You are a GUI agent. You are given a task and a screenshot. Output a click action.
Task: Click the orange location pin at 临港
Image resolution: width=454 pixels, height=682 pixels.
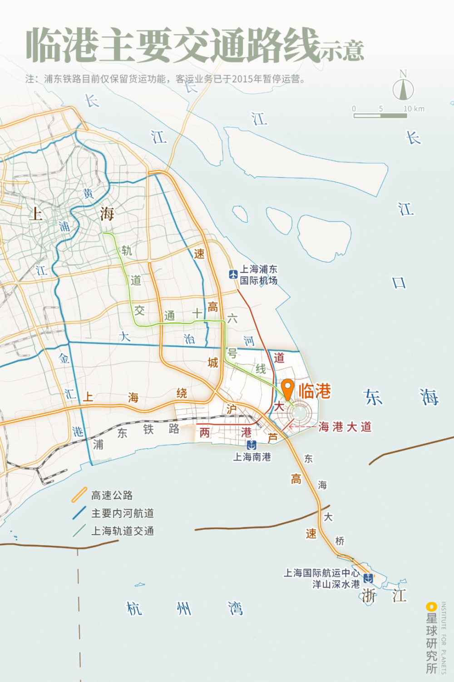tap(288, 389)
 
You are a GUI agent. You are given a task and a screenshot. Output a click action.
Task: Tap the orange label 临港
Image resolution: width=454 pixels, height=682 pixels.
tap(315, 391)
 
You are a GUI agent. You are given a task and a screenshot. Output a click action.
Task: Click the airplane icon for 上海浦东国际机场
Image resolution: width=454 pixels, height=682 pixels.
tap(233, 274)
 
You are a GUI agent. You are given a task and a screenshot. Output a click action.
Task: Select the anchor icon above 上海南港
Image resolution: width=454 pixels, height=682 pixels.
tap(252, 445)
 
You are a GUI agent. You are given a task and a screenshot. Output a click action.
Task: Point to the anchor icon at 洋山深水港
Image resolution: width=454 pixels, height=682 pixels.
tap(368, 578)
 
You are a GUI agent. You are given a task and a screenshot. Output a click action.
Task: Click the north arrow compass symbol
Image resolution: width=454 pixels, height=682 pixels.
tap(403, 89)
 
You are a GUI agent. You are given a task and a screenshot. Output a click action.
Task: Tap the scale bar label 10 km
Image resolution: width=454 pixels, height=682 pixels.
tap(414, 109)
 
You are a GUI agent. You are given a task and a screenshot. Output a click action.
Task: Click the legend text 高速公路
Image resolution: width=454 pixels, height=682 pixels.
tap(112, 495)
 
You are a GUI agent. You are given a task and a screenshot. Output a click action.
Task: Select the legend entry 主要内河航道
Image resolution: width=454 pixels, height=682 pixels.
tap(123, 513)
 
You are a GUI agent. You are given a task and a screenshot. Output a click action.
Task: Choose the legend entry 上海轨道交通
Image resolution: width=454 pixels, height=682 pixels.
tap(123, 531)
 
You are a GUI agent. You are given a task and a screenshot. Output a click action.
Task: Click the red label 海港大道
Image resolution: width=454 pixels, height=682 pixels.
tap(345, 426)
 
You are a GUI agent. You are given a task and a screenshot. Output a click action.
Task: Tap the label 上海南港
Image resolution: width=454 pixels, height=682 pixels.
tap(252, 457)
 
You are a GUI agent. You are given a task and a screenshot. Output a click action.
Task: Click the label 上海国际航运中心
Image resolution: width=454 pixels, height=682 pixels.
tap(321, 573)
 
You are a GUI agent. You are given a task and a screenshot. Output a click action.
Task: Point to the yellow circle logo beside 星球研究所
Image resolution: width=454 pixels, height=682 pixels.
tap(431, 607)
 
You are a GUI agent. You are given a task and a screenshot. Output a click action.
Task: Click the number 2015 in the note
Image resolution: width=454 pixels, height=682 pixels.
tap(242, 79)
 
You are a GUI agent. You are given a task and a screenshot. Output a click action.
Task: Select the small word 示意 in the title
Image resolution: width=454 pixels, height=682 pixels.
tap(342, 51)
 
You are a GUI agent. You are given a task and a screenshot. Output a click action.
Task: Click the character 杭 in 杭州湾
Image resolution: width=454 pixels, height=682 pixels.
tap(134, 608)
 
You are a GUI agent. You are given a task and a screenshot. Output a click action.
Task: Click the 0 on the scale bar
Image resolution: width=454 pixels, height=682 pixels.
tap(354, 109)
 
